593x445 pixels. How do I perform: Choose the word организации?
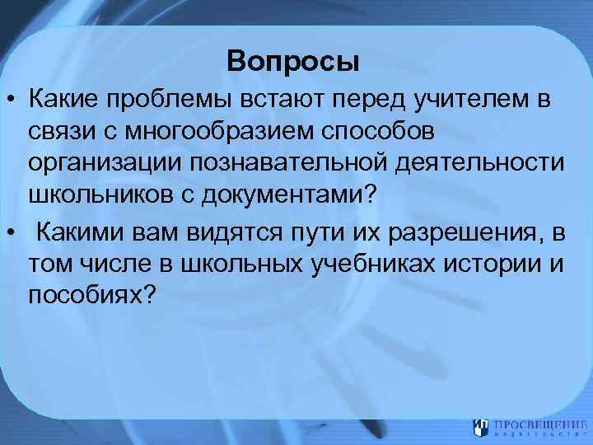point(104,166)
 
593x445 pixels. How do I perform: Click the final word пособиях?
point(91,295)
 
